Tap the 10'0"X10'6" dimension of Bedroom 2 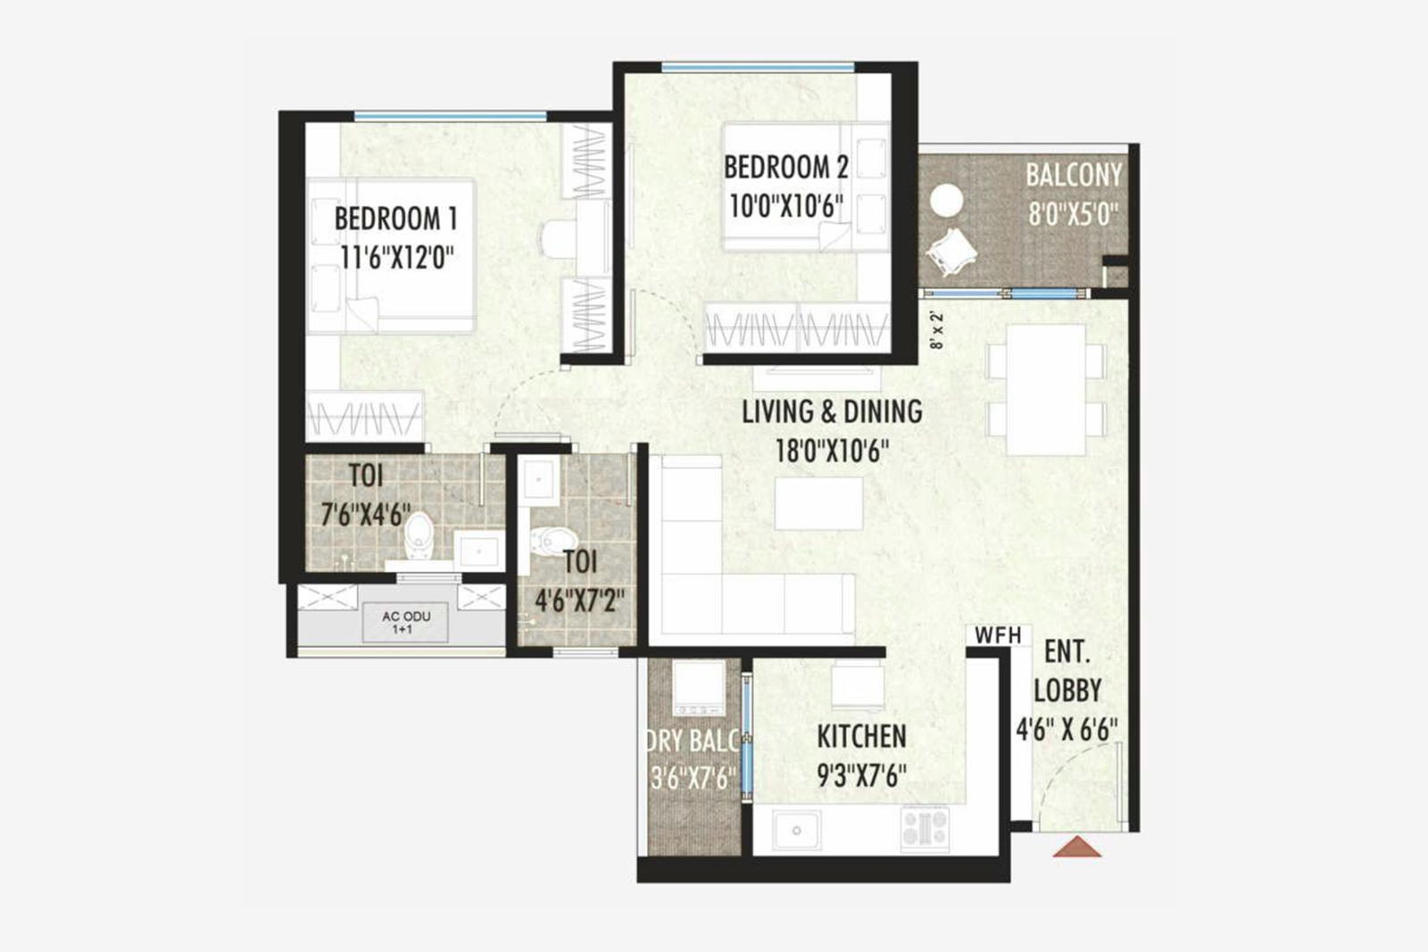pos(785,206)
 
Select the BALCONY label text pos(1073,175)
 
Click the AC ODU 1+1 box pos(406,622)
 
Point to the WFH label pos(997,635)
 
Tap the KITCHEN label pos(861,736)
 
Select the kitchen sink pos(796,830)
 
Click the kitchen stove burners pos(925,827)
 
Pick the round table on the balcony pos(946,200)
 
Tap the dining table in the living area pos(1046,390)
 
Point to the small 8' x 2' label pos(935,329)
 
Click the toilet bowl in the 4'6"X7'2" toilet pos(552,539)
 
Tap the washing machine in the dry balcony pos(697,688)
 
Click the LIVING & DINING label pos(832,411)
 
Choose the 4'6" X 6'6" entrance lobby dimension pos(1067,730)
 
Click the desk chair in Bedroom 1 pos(558,238)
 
